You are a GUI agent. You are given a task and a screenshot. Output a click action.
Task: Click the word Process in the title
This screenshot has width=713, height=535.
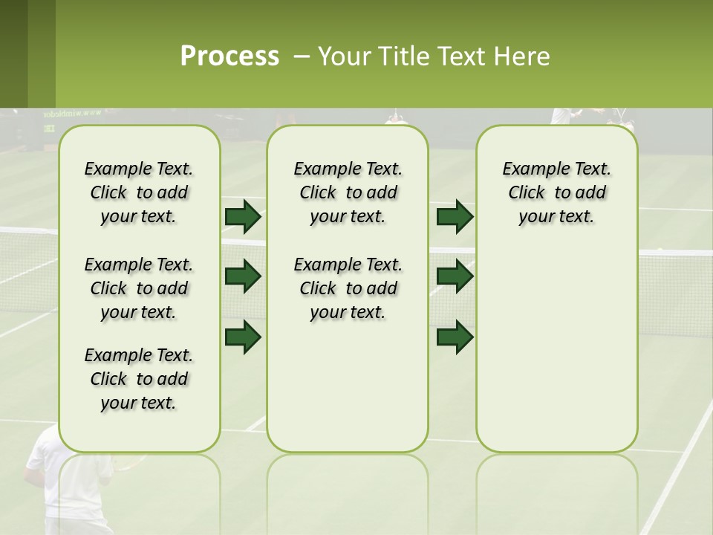pos(229,56)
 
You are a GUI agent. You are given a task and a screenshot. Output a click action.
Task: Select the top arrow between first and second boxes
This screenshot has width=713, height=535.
pos(243,216)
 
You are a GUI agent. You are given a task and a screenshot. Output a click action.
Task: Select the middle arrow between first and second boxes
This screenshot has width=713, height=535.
pos(243,276)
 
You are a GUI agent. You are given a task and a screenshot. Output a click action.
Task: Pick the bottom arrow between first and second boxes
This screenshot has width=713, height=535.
pos(243,337)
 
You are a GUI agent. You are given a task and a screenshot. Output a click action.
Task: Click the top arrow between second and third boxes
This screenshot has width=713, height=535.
pos(455,216)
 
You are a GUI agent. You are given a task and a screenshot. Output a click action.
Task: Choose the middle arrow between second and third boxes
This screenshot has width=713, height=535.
pos(455,276)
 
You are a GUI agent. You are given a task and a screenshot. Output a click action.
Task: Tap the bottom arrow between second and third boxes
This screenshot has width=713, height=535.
pos(455,337)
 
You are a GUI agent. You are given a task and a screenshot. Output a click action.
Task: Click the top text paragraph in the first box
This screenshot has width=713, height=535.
pos(139,192)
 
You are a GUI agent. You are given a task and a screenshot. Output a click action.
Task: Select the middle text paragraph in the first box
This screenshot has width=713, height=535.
pos(139,288)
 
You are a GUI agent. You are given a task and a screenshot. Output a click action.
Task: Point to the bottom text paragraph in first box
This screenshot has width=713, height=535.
pos(139,379)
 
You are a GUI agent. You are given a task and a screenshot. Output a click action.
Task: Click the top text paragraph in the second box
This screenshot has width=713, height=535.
pos(348,192)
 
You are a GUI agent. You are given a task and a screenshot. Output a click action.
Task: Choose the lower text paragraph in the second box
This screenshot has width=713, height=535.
pos(348,288)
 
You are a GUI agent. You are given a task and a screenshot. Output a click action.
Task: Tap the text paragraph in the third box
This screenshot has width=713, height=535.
pos(557,192)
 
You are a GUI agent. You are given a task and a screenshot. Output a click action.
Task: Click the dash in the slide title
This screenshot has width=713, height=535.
pos(302,56)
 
